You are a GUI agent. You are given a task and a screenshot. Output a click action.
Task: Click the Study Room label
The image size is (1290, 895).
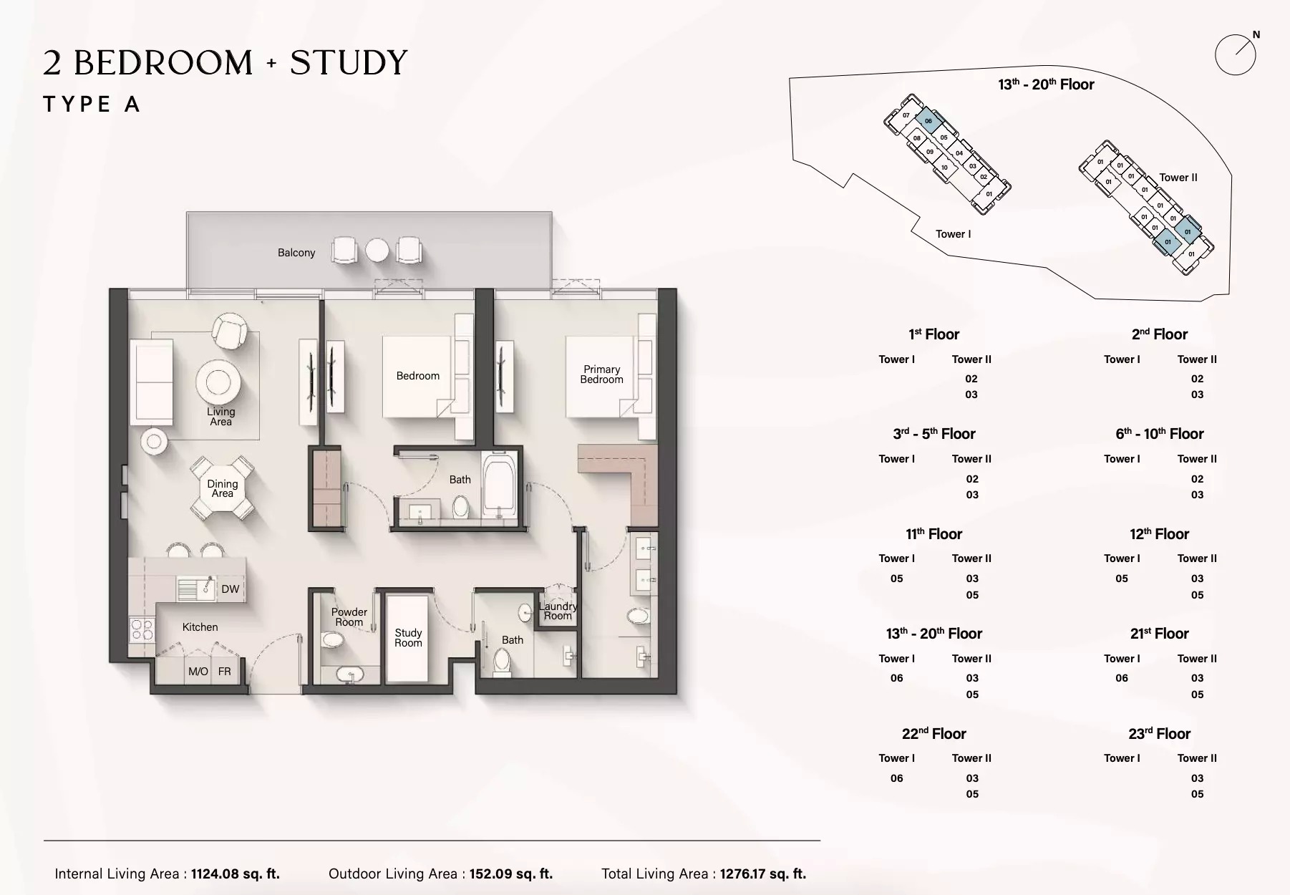(408, 638)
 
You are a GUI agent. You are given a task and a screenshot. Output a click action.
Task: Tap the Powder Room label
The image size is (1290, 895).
(349, 617)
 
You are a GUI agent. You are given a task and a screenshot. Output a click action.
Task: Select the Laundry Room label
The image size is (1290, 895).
(558, 611)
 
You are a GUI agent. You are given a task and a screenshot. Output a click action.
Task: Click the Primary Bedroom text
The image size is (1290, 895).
(601, 374)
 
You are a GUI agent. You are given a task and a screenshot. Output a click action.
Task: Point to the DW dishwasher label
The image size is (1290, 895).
(230, 589)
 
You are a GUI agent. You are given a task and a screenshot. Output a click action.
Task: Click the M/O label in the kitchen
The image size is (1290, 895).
(198, 672)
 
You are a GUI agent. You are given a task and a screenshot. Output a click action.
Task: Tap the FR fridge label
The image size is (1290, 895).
(224, 672)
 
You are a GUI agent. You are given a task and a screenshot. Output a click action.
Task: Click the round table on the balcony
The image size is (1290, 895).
(377, 251)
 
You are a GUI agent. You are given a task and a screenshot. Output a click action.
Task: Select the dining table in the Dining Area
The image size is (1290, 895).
(222, 488)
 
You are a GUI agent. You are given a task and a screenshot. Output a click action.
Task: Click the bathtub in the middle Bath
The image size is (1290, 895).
(500, 483)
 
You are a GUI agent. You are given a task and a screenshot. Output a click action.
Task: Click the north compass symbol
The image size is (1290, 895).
(1236, 54)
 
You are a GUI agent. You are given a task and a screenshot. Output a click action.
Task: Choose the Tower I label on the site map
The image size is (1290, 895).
(953, 234)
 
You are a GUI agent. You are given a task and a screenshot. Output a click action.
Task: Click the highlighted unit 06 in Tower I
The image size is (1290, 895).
(928, 121)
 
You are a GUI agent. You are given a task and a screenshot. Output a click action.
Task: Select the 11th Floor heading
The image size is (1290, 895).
(933, 534)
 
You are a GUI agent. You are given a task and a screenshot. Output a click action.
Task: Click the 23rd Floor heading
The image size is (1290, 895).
(1159, 734)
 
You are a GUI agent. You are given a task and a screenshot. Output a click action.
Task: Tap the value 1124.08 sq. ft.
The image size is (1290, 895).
(235, 874)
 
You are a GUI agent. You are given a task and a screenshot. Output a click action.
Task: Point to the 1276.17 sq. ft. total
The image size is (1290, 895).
(762, 874)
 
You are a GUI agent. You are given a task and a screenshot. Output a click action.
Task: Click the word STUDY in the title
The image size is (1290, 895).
(349, 63)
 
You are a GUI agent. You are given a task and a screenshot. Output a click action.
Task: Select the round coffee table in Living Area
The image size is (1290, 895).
(218, 382)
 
